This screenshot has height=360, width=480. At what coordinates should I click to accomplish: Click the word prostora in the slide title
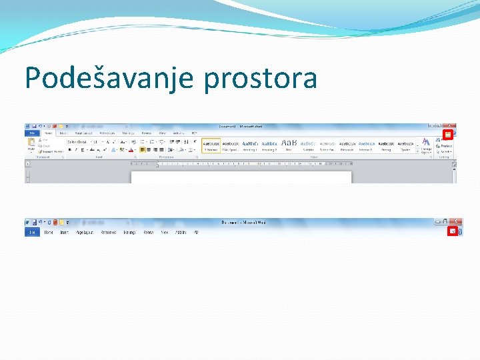(x=261, y=79)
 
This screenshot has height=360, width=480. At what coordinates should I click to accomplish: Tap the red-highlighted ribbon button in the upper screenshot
(x=449, y=134)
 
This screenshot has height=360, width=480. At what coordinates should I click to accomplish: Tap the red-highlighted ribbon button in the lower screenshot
(x=453, y=231)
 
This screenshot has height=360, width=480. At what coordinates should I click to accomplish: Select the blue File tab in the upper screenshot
(x=31, y=133)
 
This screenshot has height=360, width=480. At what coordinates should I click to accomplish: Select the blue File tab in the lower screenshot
(x=31, y=232)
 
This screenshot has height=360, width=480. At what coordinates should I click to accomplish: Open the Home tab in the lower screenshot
(x=49, y=232)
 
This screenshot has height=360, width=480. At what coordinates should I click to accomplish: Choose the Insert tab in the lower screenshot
(x=65, y=232)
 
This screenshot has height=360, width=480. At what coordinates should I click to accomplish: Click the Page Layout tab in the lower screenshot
(x=85, y=232)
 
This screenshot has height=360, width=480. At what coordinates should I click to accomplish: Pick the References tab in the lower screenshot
(x=108, y=232)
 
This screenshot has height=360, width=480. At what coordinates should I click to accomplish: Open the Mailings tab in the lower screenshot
(x=129, y=232)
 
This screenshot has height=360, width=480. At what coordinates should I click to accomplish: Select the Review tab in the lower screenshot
(x=148, y=232)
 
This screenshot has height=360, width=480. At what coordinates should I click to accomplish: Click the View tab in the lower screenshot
(x=164, y=232)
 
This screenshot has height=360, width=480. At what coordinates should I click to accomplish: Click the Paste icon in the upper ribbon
(x=31, y=145)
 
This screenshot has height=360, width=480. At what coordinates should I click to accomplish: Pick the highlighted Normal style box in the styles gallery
(x=211, y=145)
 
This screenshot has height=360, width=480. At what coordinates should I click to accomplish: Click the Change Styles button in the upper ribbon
(x=425, y=145)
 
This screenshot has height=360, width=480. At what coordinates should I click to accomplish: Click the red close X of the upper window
(x=451, y=125)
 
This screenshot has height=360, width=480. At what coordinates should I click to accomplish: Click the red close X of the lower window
(x=456, y=221)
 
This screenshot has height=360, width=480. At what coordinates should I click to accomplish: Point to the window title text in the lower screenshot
(x=243, y=222)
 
